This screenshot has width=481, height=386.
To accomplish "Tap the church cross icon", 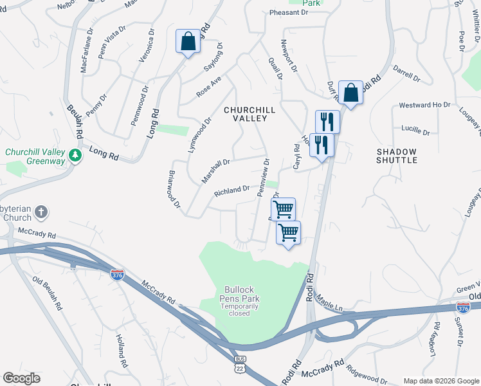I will coord(41,212).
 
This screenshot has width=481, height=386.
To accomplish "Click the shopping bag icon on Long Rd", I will coord(188,42).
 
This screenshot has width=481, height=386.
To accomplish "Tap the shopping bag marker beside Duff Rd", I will coord(351,93).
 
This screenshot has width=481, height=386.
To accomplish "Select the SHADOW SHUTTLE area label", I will coord(397,156).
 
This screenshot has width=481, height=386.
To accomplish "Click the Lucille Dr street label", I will coord(415,130).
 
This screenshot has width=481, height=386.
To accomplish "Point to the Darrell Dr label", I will coord(406,77).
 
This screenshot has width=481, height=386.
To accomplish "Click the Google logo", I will coord(21,378).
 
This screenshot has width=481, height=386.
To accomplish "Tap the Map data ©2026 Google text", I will coord(440,381).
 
